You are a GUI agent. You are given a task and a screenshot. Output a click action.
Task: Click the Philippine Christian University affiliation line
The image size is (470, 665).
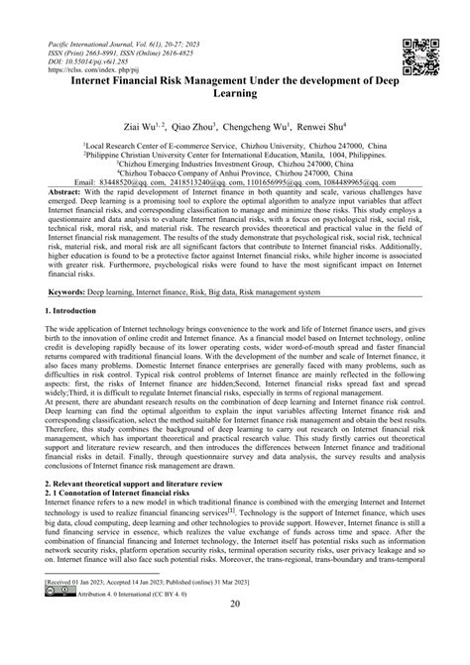[234, 154]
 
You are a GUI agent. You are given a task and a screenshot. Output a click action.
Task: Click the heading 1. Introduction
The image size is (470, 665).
[75, 310]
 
